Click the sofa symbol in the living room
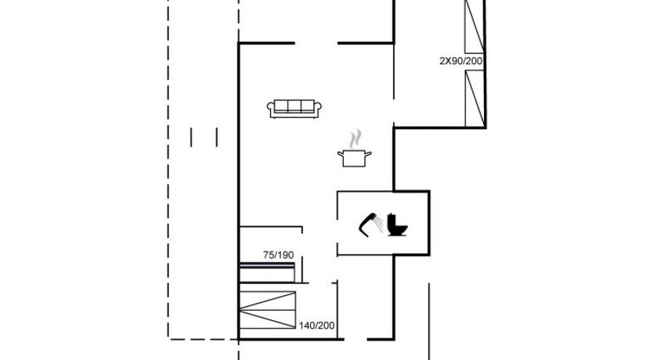(294, 109)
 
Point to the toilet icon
(397, 225)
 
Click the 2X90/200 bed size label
(461, 61)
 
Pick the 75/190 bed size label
(278, 254)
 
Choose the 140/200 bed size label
(316, 326)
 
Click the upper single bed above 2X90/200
(474, 27)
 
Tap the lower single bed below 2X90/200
(474, 99)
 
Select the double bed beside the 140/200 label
(268, 310)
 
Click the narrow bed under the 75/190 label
(267, 272)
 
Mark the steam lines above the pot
(355, 139)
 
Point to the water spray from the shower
(378, 224)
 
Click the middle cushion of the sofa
(294, 106)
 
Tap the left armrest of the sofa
(271, 109)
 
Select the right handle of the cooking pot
(368, 154)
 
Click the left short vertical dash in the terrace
(191, 137)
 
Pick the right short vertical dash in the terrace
(217, 137)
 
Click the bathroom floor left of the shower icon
(348, 225)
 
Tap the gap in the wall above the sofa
(316, 43)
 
